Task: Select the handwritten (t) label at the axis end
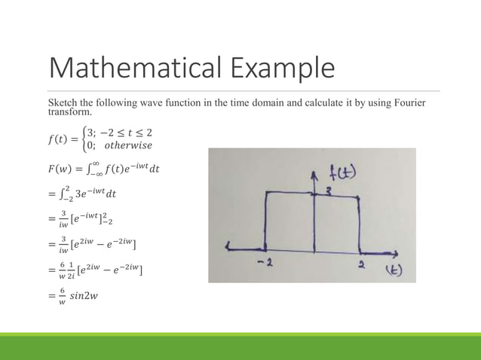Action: coord(394,270)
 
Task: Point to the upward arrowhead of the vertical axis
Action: coord(314,172)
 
